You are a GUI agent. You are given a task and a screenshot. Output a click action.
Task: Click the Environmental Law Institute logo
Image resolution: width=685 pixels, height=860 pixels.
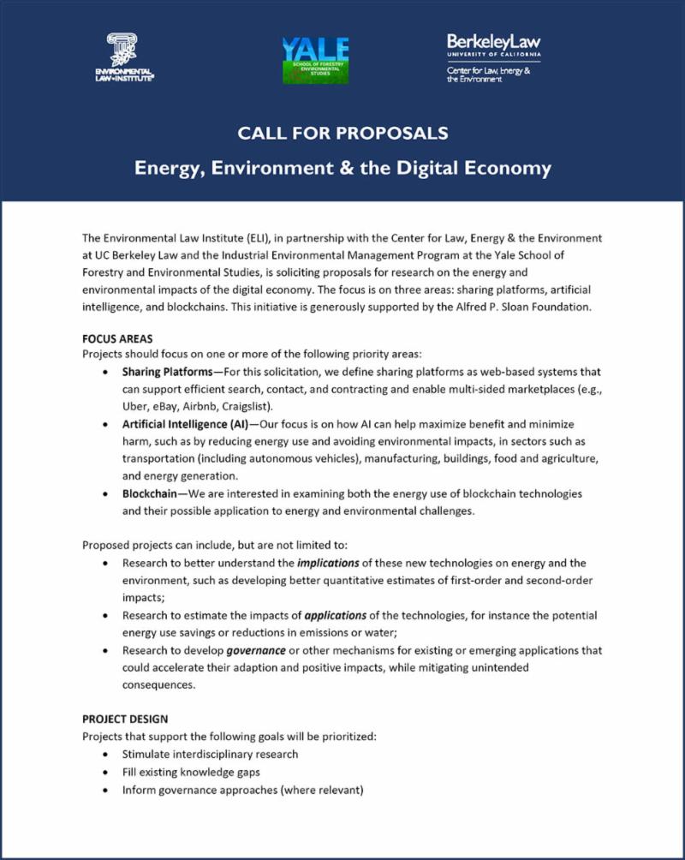coord(130,58)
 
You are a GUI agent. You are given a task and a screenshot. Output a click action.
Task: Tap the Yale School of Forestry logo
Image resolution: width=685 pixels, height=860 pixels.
coord(315,60)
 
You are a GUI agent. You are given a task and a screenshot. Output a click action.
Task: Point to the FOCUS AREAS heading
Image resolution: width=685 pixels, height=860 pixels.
coord(117,338)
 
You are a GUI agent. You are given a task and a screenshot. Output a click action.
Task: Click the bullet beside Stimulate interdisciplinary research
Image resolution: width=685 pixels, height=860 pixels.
coord(104,754)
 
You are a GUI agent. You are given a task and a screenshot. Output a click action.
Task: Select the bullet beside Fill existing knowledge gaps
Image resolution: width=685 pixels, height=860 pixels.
coord(104,772)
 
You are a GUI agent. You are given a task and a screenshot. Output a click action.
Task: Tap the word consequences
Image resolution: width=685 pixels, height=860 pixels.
coord(158,685)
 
